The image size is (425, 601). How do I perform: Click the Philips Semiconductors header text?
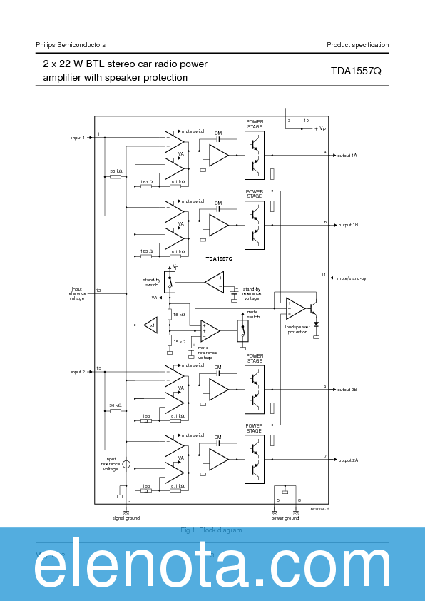71,45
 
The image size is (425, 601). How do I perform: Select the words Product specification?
357,45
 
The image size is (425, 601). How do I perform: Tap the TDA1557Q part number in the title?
356,71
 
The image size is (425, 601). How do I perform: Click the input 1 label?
78,138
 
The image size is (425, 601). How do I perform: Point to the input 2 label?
78,372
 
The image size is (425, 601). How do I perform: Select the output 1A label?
347,155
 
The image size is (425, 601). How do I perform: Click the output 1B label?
347,225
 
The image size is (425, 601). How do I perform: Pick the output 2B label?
347,390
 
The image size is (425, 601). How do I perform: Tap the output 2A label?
347,460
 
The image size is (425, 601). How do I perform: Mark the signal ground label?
126,518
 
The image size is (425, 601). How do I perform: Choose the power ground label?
285,518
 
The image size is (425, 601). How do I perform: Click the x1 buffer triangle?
150,325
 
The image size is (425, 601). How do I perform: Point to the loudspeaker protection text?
296,330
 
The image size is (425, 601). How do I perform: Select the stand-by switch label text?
151,282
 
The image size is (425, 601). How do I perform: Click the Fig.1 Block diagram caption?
212,530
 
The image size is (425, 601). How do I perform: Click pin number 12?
98,291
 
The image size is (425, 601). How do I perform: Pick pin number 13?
99,368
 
